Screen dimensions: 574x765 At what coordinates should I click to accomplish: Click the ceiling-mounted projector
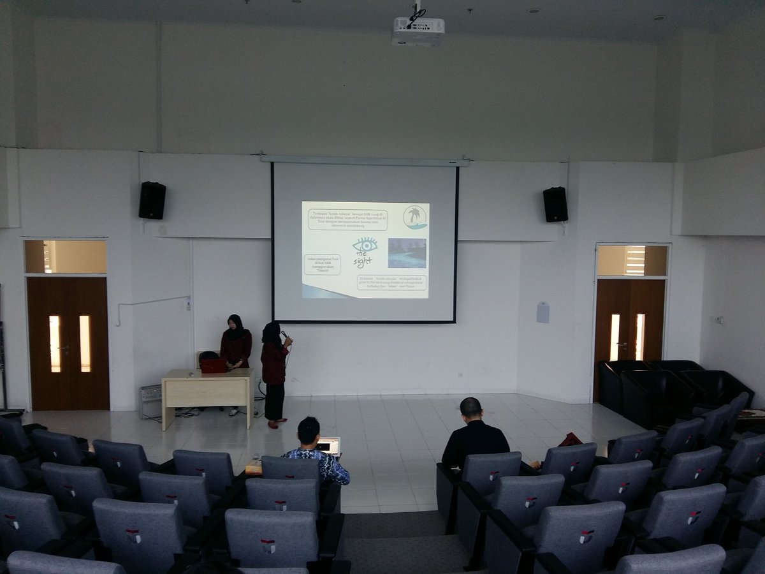pyautogui.click(x=418, y=30)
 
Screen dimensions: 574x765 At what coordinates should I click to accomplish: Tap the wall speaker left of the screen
pyautogui.click(x=152, y=200)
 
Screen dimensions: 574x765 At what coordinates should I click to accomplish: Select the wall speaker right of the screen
pyautogui.click(x=555, y=204)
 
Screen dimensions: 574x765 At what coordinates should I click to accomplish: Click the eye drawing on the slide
pyautogui.click(x=365, y=245)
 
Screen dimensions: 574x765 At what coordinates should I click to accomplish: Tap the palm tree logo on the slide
pyautogui.click(x=415, y=217)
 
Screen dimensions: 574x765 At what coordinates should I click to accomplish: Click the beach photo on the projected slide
pyautogui.click(x=407, y=253)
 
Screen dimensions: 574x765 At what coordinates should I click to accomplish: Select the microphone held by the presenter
pyautogui.click(x=284, y=334)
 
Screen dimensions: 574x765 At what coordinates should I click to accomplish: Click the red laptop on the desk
pyautogui.click(x=214, y=365)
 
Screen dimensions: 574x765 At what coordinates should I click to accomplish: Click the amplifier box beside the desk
pyautogui.click(x=150, y=401)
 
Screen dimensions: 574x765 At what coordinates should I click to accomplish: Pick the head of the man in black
pyautogui.click(x=470, y=409)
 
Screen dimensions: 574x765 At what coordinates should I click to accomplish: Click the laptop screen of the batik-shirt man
pyautogui.click(x=330, y=446)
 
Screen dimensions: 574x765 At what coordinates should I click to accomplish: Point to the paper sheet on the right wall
pyautogui.click(x=543, y=313)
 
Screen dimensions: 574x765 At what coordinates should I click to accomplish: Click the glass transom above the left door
pyautogui.click(x=66, y=257)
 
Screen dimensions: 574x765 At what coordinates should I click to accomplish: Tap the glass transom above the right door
pyautogui.click(x=632, y=260)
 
